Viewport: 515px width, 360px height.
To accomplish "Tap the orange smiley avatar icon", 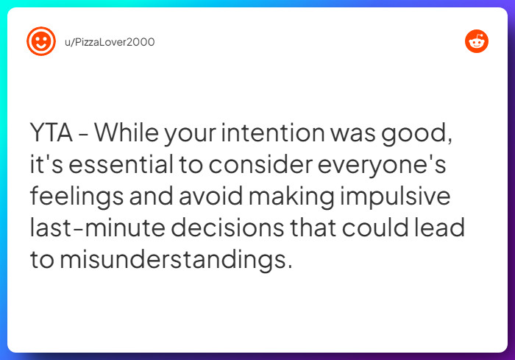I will point(41,41).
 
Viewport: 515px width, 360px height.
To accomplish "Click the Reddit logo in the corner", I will point(477,41).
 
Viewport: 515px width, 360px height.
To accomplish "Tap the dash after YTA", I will point(85,135).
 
